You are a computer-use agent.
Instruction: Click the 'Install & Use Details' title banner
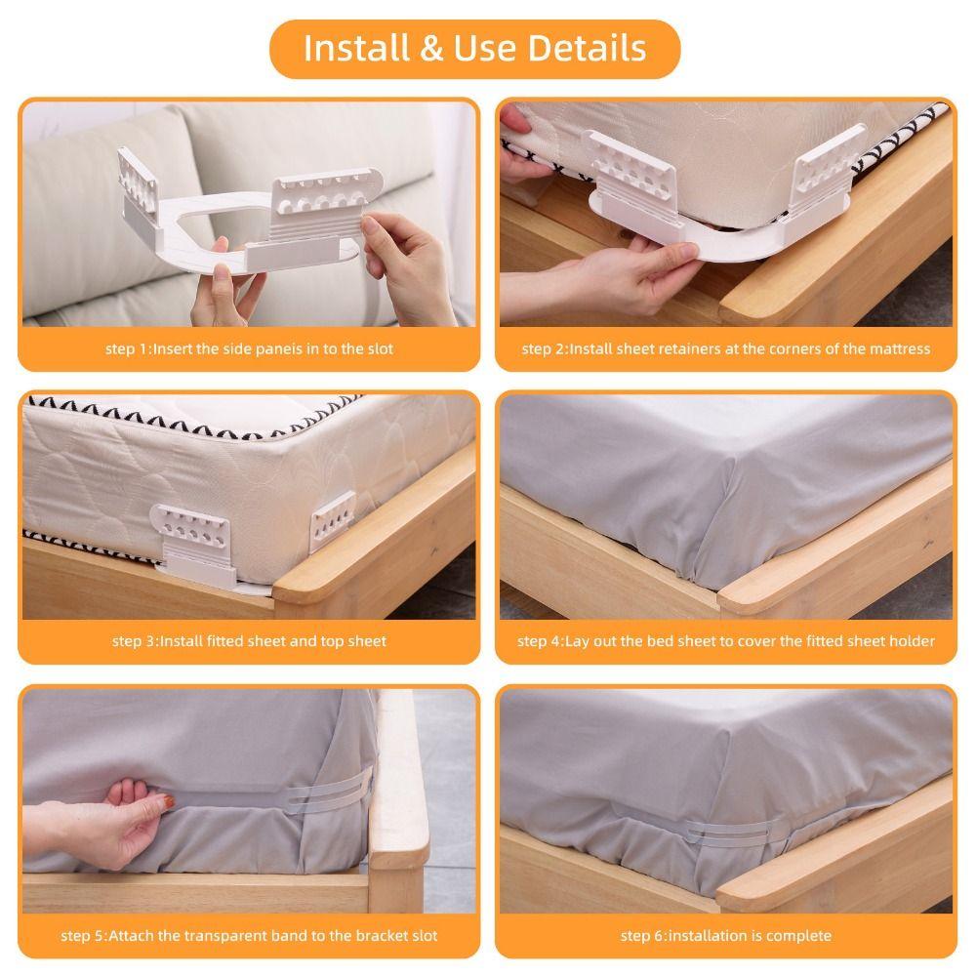click(x=474, y=48)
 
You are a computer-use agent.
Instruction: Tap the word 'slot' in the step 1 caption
click(x=378, y=348)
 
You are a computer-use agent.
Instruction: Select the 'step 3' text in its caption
click(x=134, y=641)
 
